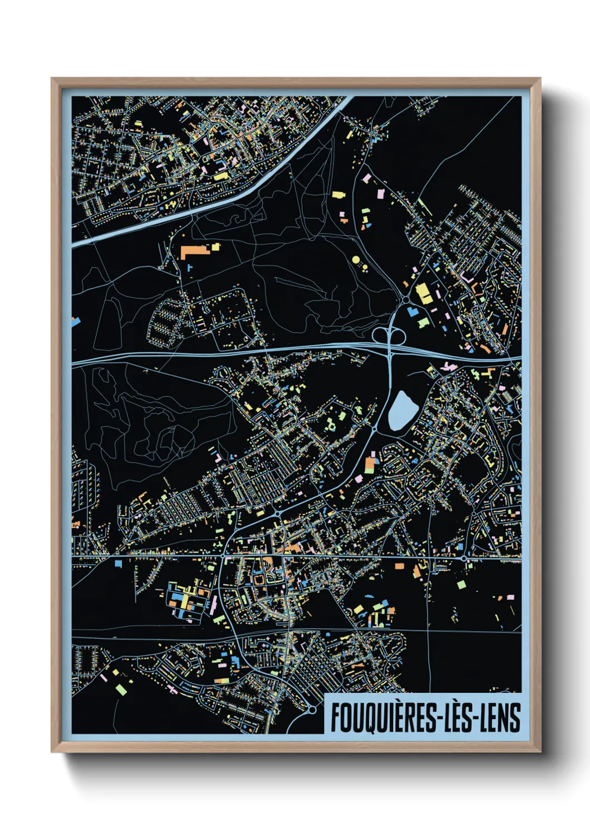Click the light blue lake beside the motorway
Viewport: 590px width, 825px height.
[x=402, y=411]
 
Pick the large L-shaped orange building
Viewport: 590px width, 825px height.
[x=193, y=250]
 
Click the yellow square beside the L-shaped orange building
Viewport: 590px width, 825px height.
[x=215, y=245]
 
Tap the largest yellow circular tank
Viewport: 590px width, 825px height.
[x=356, y=260]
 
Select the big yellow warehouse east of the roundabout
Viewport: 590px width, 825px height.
[x=424, y=293]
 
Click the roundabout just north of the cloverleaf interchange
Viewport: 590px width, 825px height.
[x=405, y=301]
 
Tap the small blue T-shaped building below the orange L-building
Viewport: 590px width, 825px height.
[x=190, y=268]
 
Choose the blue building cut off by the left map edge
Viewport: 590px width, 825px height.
[x=75, y=321]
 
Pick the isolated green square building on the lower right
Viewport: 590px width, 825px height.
[x=461, y=584]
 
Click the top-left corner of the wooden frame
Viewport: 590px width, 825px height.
[x=52, y=79]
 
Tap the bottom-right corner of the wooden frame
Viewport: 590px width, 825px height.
[x=540, y=751]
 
